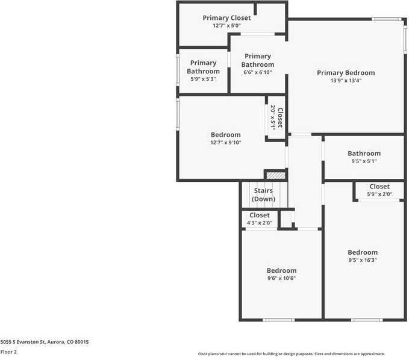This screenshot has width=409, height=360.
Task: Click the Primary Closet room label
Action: click(226, 18)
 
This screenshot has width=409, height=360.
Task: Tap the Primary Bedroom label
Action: click(346, 73)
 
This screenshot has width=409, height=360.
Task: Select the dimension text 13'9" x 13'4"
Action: click(346, 81)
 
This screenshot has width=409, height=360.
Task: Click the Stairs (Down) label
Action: click(263, 195)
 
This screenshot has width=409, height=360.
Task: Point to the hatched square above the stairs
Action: click(275, 175)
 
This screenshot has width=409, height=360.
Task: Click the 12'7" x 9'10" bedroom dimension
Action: click(226, 143)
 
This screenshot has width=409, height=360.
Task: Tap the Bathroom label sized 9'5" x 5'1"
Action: click(364, 154)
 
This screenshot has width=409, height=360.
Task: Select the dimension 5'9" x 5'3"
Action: click(203, 79)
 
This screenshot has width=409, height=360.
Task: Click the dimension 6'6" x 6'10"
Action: click(258, 72)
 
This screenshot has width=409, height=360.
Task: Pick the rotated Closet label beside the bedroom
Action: click(279, 117)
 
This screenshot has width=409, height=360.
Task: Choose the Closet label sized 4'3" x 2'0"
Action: click(260, 215)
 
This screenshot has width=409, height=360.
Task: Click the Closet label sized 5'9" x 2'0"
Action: click(379, 187)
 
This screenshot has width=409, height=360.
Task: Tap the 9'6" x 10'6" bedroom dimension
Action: click(281, 278)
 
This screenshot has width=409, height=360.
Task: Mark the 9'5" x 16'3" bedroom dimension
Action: click(363, 260)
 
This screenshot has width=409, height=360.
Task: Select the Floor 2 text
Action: click(8, 352)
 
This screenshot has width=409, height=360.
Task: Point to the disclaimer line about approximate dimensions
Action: click(291, 354)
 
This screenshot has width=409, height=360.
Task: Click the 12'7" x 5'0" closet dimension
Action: click(226, 26)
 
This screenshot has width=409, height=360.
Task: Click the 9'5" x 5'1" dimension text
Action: click(364, 161)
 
